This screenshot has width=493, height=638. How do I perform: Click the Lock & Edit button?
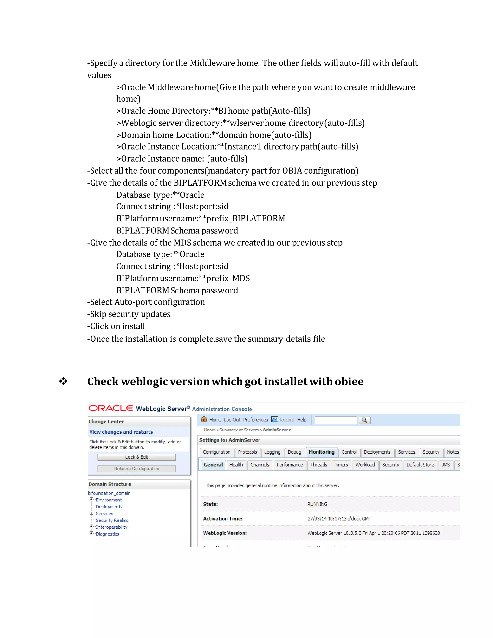click(x=136, y=457)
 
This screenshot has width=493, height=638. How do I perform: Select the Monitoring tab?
click(x=321, y=452)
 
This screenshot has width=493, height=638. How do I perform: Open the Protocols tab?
click(x=247, y=452)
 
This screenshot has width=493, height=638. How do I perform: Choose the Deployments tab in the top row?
click(x=377, y=452)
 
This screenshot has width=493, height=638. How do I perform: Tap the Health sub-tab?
click(x=236, y=465)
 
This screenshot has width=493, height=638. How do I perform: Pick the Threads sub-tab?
click(x=318, y=465)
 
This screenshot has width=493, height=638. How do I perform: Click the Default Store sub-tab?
click(x=420, y=465)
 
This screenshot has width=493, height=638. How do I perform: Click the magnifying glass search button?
click(x=364, y=420)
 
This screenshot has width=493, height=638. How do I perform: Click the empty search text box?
click(x=336, y=420)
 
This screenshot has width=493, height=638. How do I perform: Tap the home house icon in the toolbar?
click(x=204, y=419)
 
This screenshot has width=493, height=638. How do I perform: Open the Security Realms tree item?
click(x=112, y=520)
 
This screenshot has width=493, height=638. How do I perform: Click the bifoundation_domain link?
click(x=109, y=493)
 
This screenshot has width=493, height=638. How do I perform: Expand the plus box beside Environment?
click(x=91, y=500)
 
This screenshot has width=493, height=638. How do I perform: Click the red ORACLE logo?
click(x=111, y=408)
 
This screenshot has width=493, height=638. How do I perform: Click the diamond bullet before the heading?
click(x=63, y=381)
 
